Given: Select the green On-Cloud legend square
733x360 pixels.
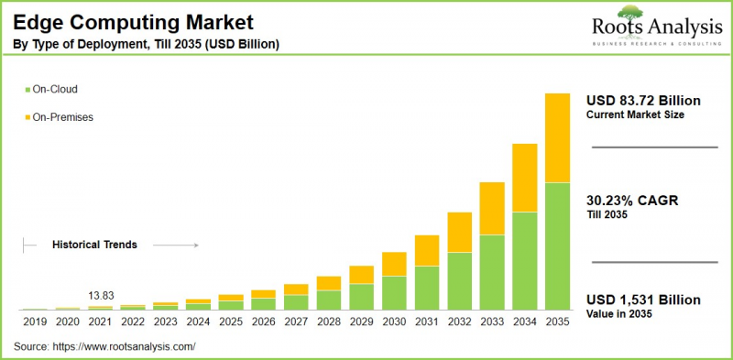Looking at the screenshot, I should pos(27,90).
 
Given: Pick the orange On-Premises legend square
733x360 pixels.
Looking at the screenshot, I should pos(27,117).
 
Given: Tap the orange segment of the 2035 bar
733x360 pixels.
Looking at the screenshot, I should pos(557,137).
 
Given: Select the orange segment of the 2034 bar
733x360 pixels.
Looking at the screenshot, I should pos(524,178).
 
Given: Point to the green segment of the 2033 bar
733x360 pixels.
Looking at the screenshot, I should pos(492,272).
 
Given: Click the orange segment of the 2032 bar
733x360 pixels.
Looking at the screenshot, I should pos(459,232).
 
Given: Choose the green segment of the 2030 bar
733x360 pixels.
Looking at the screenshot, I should pos(394,292).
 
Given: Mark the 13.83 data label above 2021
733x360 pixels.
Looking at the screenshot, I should pos(101,296).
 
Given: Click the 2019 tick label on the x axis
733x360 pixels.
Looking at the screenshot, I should pos(35,322).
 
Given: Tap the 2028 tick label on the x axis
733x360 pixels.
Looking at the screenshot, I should pos(328,322).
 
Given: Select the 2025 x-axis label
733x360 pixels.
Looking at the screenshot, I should pos(231,322).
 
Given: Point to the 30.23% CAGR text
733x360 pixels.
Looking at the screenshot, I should pos(631,201).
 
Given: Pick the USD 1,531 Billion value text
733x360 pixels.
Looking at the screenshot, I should pos(643,300).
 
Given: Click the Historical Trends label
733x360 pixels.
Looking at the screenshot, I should pos(94,245).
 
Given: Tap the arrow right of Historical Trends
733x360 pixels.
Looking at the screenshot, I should pos(175,245).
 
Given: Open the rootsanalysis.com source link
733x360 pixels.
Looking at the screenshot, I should pos(126,347).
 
